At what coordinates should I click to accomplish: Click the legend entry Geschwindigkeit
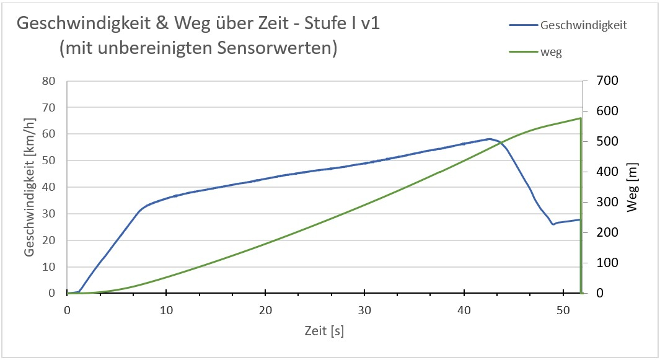pyautogui.click(x=584, y=25)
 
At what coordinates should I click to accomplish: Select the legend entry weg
pyautogui.click(x=551, y=52)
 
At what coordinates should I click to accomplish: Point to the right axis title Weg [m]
pyautogui.click(x=632, y=188)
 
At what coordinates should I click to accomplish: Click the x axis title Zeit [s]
pyautogui.click(x=323, y=331)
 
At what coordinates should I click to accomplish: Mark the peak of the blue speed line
pyautogui.click(x=489, y=139)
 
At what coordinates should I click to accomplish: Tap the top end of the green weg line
pyautogui.click(x=580, y=118)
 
